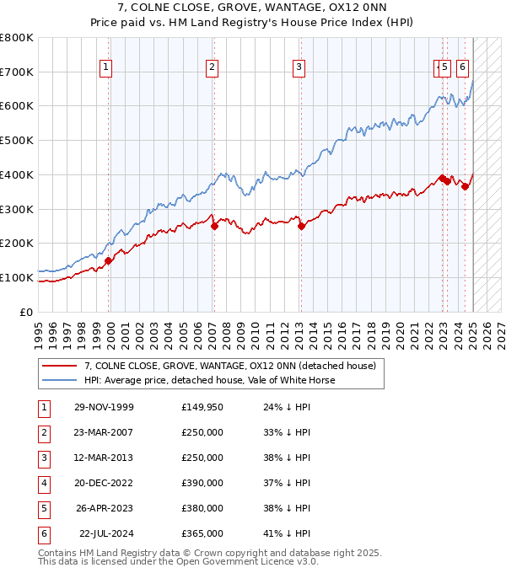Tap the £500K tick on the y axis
click(17, 140)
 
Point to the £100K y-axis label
click(17, 277)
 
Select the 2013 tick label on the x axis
click(299, 328)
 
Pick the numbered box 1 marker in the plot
click(106, 68)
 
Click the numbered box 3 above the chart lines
click(299, 68)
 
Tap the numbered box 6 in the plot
click(463, 68)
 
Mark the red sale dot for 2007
click(214, 225)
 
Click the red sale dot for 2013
click(301, 225)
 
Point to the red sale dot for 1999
click(108, 260)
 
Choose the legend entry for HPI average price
click(210, 380)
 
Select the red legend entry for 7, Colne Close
click(234, 366)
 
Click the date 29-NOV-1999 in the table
click(104, 407)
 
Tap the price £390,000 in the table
click(202, 483)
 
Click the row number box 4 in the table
click(42, 483)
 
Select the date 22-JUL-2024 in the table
click(106, 533)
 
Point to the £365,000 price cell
click(202, 533)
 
